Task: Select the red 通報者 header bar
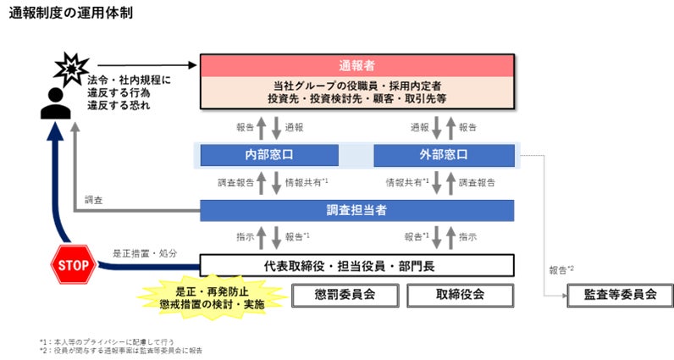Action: (356, 65)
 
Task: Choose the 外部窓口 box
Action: (444, 156)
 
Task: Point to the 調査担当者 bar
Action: (356, 209)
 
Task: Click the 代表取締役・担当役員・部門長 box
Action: (356, 266)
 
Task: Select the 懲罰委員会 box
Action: (345, 295)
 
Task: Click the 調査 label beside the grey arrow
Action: (94, 201)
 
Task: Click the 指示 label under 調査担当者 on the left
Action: (244, 237)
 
